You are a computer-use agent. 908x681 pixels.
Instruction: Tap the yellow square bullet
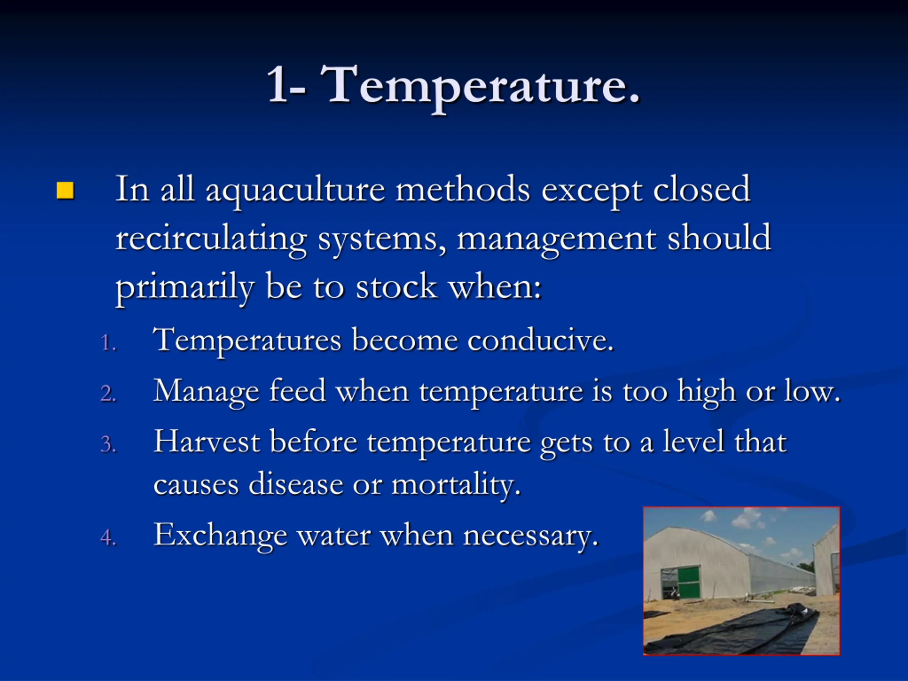tap(65, 191)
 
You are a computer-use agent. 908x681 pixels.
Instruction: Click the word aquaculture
tap(295, 191)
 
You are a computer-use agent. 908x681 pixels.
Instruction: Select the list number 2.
tap(109, 393)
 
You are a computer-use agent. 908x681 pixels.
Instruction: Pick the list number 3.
tap(109, 444)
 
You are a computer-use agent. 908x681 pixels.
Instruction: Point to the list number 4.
tap(109, 537)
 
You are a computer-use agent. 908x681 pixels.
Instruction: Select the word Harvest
tap(207, 442)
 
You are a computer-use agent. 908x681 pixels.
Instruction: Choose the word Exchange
tap(220, 536)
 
